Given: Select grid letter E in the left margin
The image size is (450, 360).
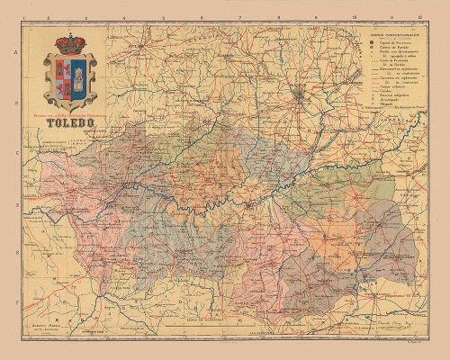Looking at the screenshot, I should (17, 255).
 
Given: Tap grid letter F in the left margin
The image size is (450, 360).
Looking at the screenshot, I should (17, 304).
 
